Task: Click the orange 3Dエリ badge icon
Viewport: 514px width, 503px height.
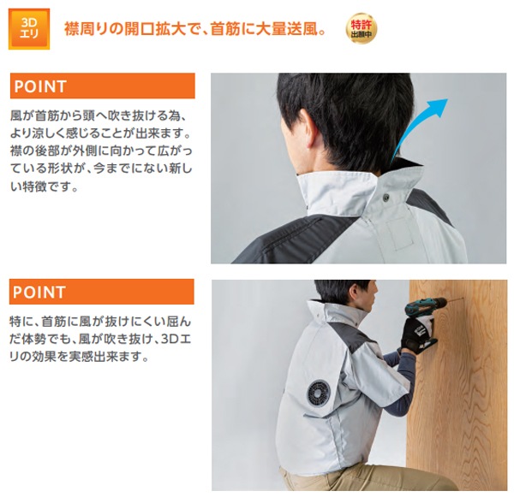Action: click(x=29, y=29)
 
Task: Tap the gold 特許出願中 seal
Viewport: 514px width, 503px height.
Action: click(x=362, y=28)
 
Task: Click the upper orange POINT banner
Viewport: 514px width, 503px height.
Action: click(x=103, y=86)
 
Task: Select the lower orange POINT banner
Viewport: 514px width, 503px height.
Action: click(x=102, y=292)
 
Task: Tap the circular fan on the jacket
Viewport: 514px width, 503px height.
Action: click(x=319, y=394)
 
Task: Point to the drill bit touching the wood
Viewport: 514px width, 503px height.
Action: click(x=455, y=299)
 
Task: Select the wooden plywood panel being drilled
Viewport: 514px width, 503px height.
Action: click(x=457, y=385)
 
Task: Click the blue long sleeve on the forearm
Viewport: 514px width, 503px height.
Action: click(x=398, y=383)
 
